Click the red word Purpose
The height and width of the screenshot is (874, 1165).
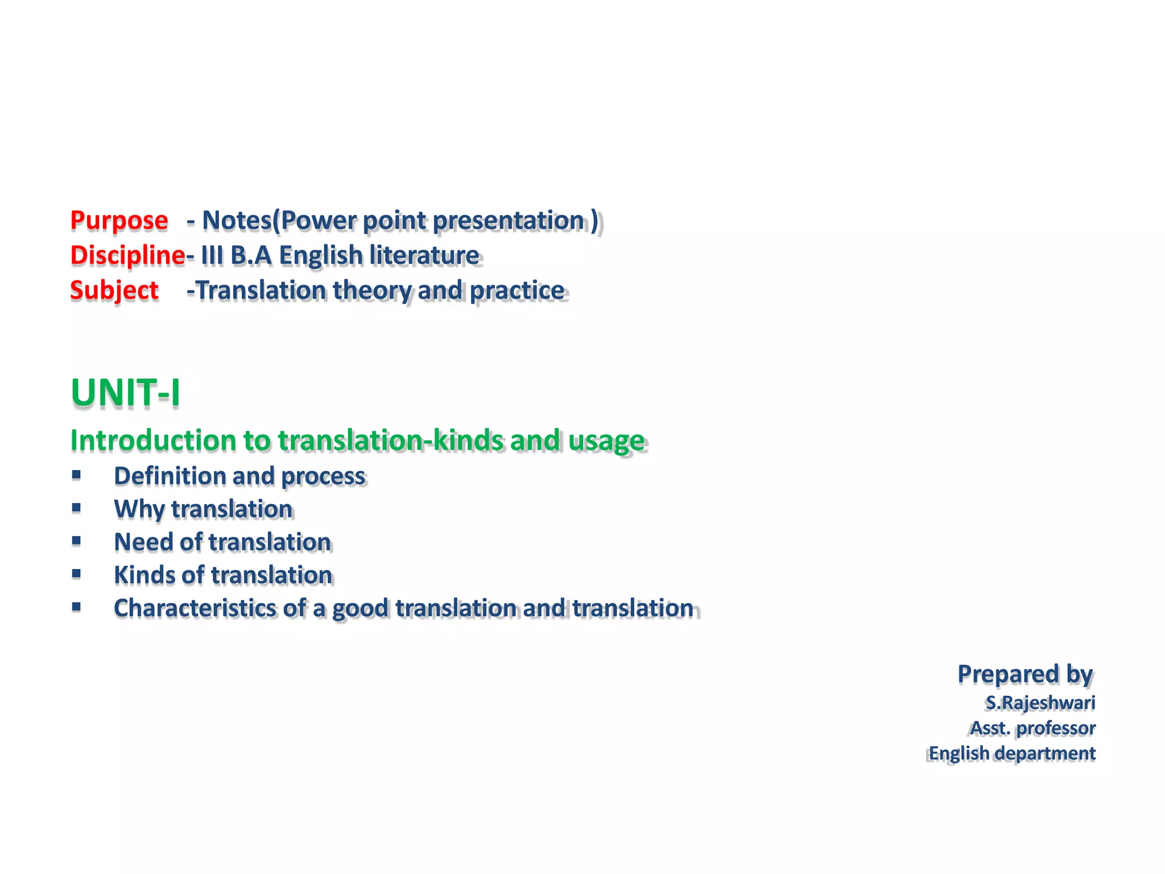(x=119, y=221)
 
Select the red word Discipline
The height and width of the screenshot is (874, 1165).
(x=127, y=255)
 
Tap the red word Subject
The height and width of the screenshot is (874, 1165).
(x=114, y=290)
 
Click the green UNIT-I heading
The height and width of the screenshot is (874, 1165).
(x=126, y=393)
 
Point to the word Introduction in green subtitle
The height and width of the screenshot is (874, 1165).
(x=153, y=440)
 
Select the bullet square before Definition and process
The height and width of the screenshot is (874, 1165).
(x=76, y=474)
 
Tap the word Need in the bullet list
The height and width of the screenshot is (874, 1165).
(x=143, y=542)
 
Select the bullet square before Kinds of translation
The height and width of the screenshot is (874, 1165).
(x=76, y=574)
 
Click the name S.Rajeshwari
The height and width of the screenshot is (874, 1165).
(x=1040, y=703)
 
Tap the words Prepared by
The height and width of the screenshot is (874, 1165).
(x=1025, y=674)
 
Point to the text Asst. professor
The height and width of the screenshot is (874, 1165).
(x=1032, y=728)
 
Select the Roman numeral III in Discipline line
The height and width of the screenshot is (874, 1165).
(x=212, y=255)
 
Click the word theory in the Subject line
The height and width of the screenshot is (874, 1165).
(x=372, y=291)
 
